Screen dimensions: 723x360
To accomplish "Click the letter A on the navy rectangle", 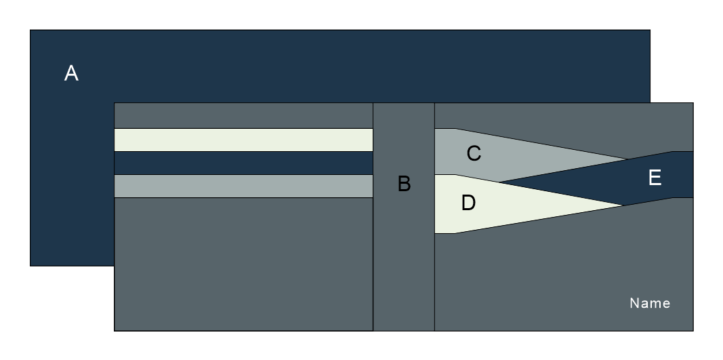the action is click(x=71, y=73).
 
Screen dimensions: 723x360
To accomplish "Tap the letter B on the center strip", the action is click(x=404, y=184).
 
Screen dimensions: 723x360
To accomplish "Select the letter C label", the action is click(x=474, y=154).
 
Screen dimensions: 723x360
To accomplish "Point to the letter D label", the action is click(x=468, y=203).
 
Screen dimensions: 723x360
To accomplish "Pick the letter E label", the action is click(x=655, y=178).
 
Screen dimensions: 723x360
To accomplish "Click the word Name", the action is click(x=650, y=303).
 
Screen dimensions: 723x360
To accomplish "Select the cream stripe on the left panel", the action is click(x=243, y=140).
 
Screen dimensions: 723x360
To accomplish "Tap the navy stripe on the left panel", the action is click(x=243, y=163).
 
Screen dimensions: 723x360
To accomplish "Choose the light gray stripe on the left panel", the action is click(x=243, y=186).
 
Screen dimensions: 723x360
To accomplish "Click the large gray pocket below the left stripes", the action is click(x=243, y=264).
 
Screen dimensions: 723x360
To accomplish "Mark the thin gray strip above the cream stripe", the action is click(x=243, y=115).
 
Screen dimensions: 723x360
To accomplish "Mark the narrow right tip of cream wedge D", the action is click(x=619, y=205).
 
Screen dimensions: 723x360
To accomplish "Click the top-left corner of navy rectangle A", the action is click(x=31, y=31).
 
